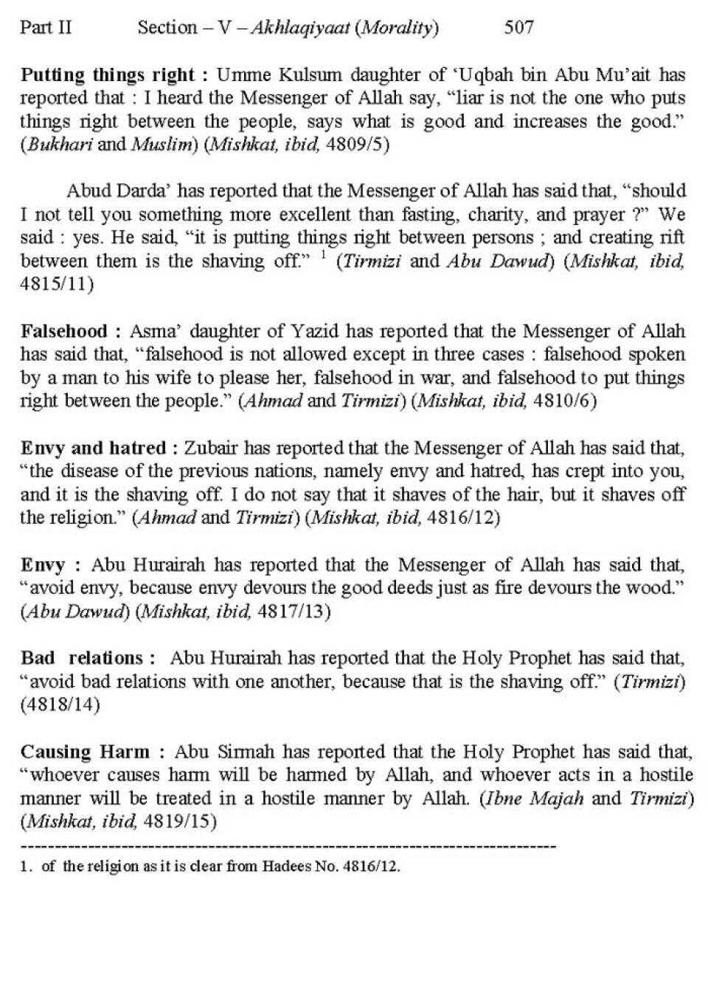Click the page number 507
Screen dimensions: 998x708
(518, 28)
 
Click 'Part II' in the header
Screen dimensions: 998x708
(46, 28)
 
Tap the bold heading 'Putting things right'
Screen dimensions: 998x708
(107, 75)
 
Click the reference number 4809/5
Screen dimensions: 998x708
(357, 145)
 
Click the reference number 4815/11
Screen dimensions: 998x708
(56, 285)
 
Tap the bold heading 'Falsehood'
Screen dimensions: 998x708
(64, 331)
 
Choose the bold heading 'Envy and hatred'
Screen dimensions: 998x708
(93, 448)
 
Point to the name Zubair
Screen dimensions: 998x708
(211, 448)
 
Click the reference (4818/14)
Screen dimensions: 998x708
(60, 704)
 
